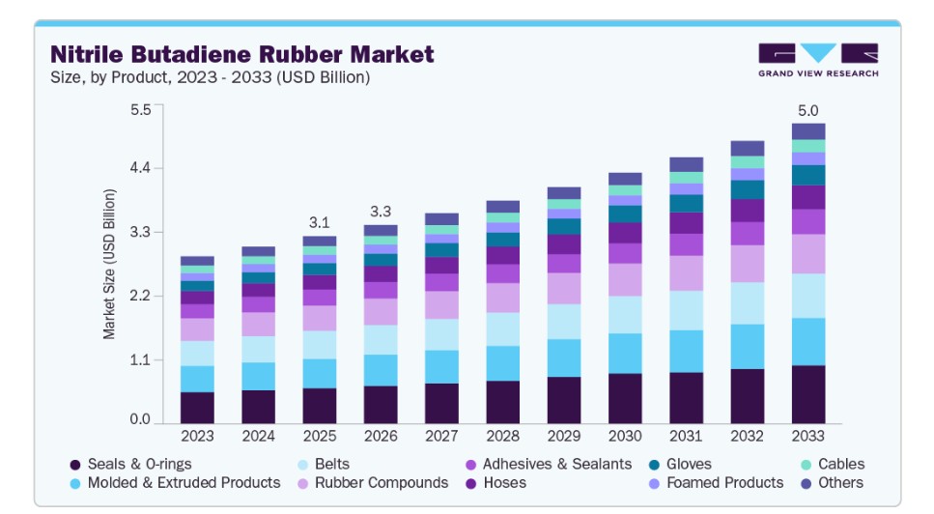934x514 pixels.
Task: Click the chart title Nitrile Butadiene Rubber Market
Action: click(241, 54)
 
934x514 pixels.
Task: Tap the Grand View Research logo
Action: click(818, 60)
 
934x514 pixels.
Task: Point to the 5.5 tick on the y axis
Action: click(141, 109)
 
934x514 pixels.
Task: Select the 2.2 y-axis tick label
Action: click(141, 296)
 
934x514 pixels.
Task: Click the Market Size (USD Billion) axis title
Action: click(109, 264)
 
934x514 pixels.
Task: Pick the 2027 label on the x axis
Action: click(441, 436)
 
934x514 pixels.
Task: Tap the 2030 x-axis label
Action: click(625, 436)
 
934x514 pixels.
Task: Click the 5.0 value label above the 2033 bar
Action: click(808, 111)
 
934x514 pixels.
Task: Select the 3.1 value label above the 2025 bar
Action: click(320, 223)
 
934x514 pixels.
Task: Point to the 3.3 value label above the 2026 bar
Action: click(381, 212)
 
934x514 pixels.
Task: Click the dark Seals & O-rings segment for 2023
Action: click(197, 408)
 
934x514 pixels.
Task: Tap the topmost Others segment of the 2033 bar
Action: click(808, 131)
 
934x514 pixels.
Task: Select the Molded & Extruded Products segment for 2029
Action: click(564, 357)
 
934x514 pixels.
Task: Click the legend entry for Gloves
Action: click(680, 465)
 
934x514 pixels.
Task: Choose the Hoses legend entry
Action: click(495, 483)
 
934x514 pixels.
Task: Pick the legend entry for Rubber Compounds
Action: click(373, 483)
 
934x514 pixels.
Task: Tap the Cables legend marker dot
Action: click(806, 465)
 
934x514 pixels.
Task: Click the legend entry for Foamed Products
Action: click(716, 483)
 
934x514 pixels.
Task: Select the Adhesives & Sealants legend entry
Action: click(549, 465)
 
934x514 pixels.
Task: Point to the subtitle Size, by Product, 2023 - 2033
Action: click(211, 77)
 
